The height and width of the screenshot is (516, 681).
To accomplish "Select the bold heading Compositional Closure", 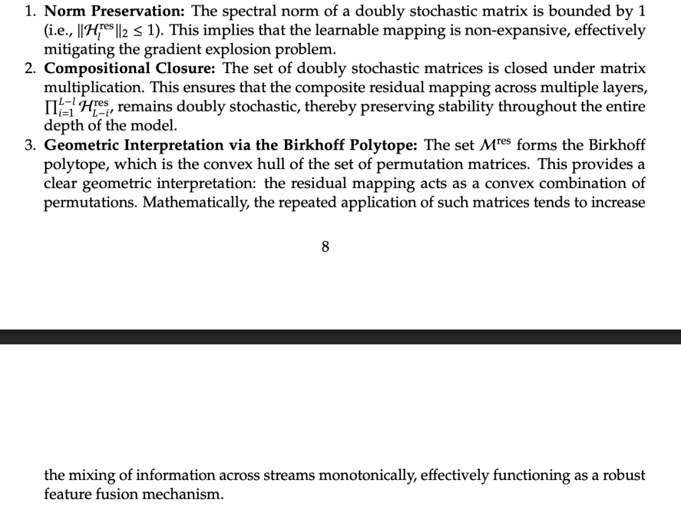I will [131, 69].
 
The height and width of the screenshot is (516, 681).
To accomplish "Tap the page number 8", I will [325, 247].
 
